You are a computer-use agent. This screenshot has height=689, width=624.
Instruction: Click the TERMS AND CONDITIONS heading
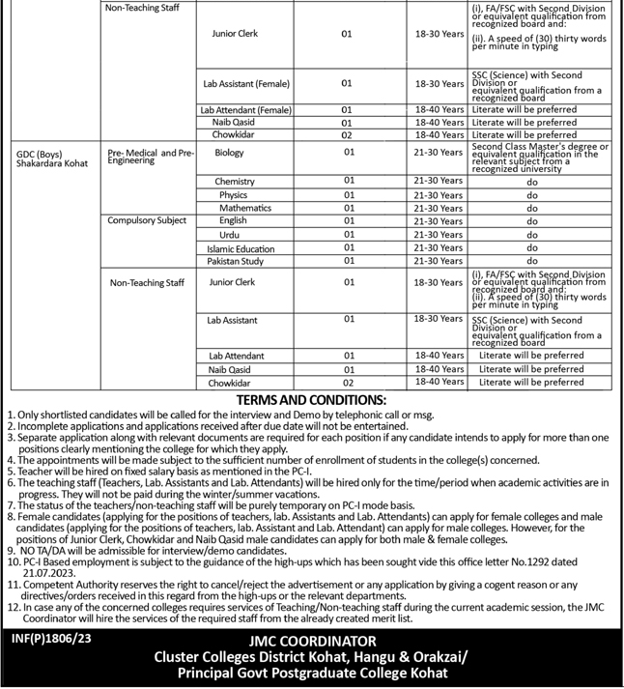click(x=311, y=400)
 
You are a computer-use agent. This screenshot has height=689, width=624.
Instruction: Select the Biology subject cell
click(x=230, y=153)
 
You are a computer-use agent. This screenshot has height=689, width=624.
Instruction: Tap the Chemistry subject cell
click(x=235, y=181)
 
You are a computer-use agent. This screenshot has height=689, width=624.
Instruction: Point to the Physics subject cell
click(x=234, y=195)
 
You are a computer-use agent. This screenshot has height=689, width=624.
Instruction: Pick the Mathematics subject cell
click(x=245, y=208)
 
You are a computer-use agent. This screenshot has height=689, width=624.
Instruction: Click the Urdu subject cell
click(x=229, y=235)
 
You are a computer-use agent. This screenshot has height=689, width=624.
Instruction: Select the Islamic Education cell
click(x=246, y=248)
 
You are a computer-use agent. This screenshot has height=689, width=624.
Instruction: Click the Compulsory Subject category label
click(x=148, y=221)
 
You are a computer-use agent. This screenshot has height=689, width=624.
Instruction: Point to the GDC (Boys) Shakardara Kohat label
click(x=52, y=158)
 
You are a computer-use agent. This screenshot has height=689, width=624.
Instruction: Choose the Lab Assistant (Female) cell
click(x=247, y=84)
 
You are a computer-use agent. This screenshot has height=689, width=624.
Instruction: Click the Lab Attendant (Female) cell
click(x=245, y=110)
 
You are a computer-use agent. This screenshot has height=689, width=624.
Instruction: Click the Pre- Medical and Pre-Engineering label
click(x=152, y=157)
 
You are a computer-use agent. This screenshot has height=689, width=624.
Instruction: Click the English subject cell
click(x=232, y=221)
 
